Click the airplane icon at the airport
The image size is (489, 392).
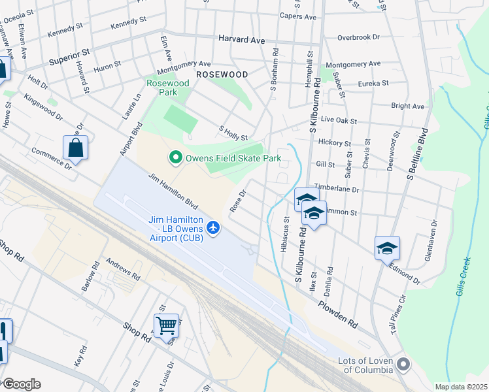click(212, 227)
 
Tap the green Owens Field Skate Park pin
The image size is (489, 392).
click(175, 158)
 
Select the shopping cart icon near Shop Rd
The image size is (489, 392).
click(166, 325)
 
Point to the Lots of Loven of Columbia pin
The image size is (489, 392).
click(403, 364)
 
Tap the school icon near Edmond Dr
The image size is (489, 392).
click(387, 248)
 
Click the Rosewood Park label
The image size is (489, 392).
click(167, 88)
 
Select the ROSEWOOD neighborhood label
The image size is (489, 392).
click(222, 74)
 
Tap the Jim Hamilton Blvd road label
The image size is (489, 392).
click(173, 192)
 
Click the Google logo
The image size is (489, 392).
click(21, 384)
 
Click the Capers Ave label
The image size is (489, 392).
click(297, 16)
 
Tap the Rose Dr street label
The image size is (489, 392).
click(237, 202)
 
